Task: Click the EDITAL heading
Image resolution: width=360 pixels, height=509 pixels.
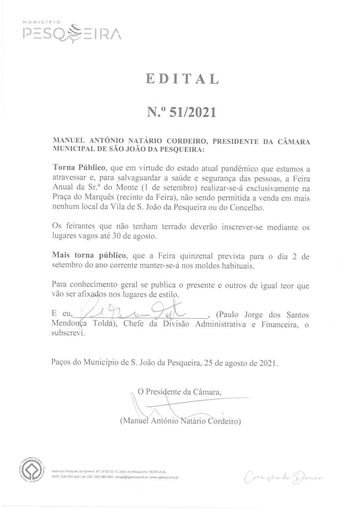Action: (x=182, y=79)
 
